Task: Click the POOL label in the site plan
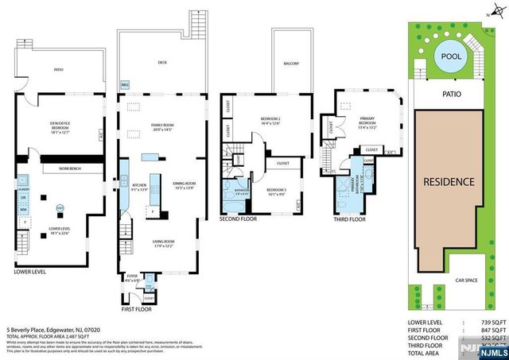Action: [453, 56]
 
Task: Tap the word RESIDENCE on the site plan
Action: [449, 181]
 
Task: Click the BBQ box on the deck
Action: [124, 83]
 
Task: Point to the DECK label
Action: [162, 61]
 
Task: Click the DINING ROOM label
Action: [184, 185]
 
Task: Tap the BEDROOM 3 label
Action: [275, 190]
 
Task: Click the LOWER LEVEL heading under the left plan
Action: [30, 272]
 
